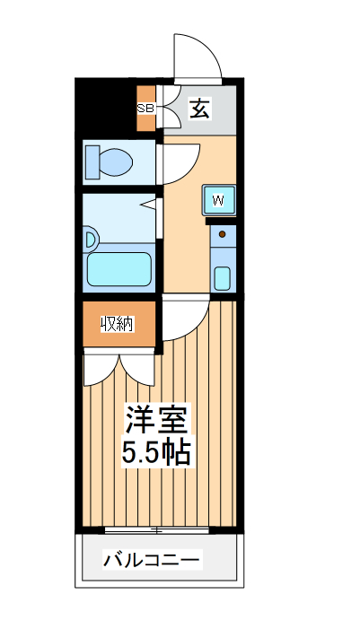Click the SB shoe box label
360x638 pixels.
point(145,108)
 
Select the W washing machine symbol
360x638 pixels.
point(218,199)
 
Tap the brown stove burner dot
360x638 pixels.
point(222,236)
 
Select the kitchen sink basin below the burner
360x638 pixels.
point(222,276)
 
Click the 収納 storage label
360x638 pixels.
point(117,324)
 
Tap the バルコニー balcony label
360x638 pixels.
point(152,562)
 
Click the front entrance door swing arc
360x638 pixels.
point(199,56)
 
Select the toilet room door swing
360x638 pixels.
point(178,162)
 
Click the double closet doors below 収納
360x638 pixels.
point(120,368)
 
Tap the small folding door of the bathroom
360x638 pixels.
point(151,210)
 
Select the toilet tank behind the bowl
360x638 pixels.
point(92,162)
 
